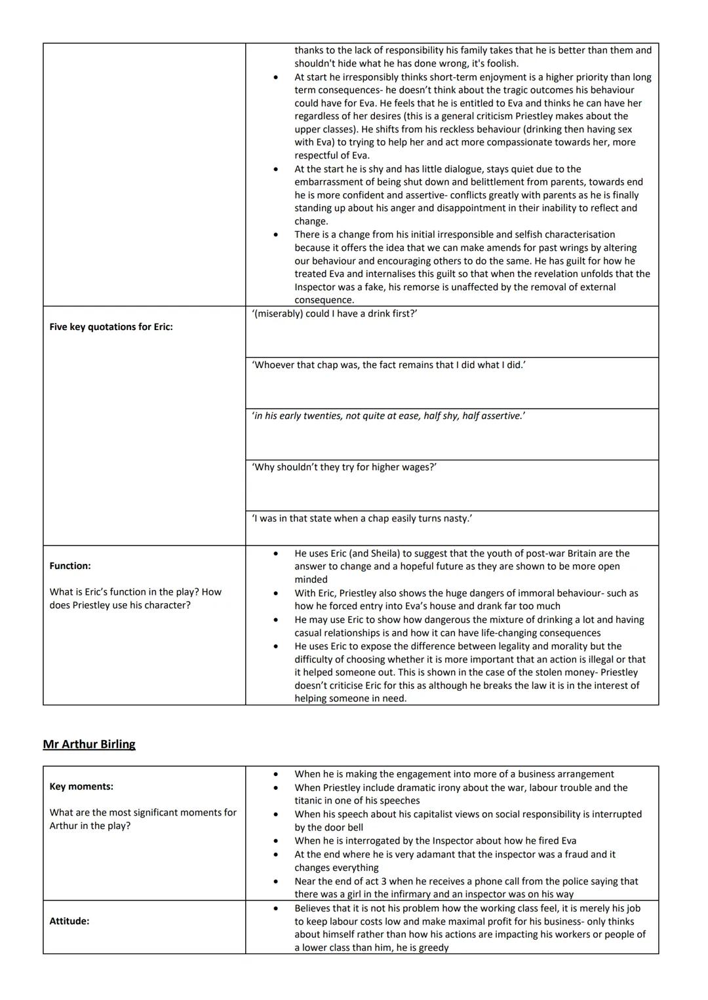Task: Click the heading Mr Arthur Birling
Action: [x=89, y=744]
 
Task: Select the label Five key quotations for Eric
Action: [x=111, y=327]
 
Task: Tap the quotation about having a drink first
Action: [x=334, y=314]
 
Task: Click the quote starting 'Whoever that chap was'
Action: [x=388, y=365]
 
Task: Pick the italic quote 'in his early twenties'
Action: [x=388, y=416]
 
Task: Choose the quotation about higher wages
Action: [x=344, y=467]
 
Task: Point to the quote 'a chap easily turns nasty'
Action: [x=362, y=518]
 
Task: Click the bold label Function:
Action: [x=70, y=566]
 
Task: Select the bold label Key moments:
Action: [x=81, y=787]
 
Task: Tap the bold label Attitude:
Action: [x=69, y=921]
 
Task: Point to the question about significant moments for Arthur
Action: [x=143, y=819]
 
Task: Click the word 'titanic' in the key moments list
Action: [x=309, y=800]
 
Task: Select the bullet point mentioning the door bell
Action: [x=467, y=821]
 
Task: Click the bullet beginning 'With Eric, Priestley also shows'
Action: [x=465, y=599]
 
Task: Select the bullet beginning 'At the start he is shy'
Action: [x=468, y=195]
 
